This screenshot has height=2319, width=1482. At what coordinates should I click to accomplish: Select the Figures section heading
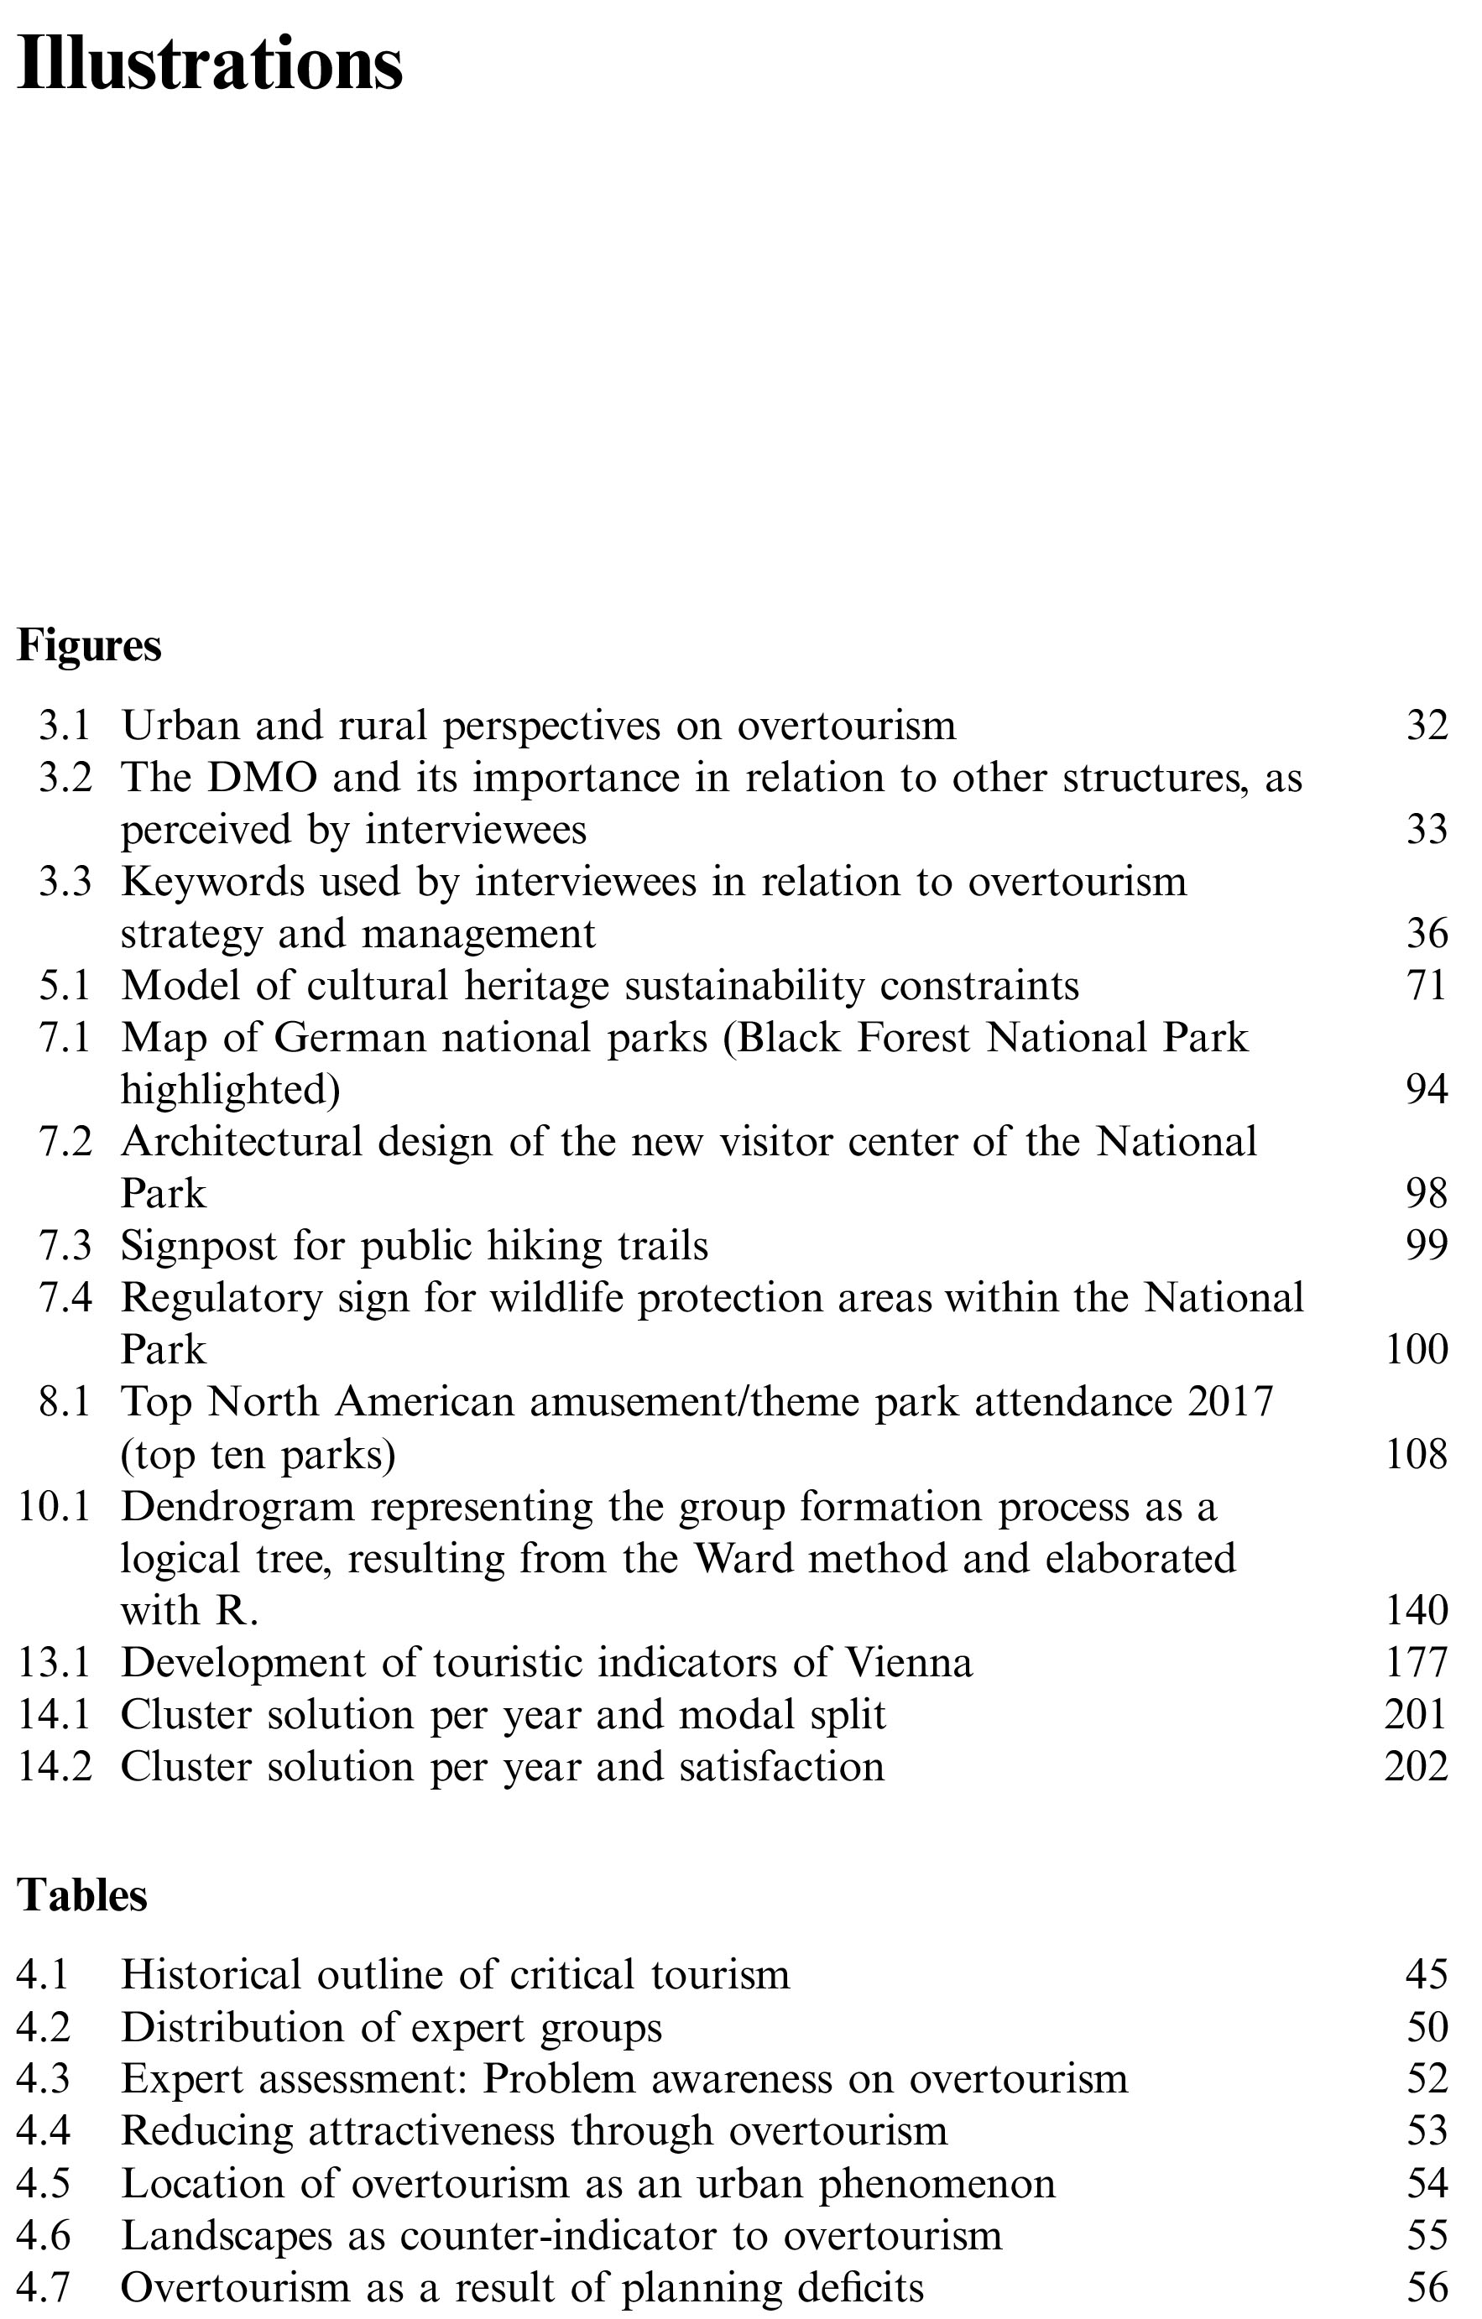coord(89,645)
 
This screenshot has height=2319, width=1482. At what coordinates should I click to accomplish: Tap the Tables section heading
coord(82,1895)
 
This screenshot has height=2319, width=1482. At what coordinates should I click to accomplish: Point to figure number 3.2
coord(65,777)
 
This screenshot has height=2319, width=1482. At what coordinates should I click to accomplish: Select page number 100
coord(1416,1349)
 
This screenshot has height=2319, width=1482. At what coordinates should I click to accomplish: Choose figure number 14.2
coord(55,1766)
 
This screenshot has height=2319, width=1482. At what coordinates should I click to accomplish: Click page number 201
coord(1416,1714)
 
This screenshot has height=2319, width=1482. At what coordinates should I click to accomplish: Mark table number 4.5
coord(44,2182)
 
